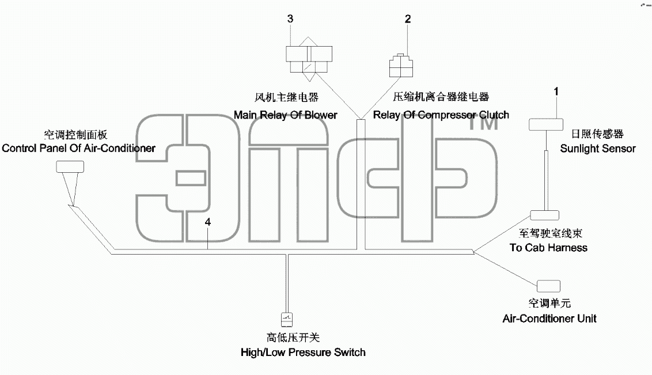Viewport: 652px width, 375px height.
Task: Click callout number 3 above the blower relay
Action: pyautogui.click(x=290, y=18)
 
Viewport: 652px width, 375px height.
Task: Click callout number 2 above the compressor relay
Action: pyautogui.click(x=408, y=18)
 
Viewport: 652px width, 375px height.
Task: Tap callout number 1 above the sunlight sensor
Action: pyautogui.click(x=556, y=92)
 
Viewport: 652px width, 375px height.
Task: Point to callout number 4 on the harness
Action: pyautogui.click(x=208, y=222)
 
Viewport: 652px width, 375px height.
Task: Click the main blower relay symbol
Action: pyautogui.click(x=309, y=59)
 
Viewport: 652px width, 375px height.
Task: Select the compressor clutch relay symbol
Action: pyautogui.click(x=401, y=66)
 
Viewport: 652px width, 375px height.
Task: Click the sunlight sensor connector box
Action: pyautogui.click(x=546, y=125)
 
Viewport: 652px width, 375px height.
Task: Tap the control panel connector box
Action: pyautogui.click(x=70, y=166)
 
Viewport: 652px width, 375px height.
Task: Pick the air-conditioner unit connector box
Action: pyautogui.click(x=548, y=286)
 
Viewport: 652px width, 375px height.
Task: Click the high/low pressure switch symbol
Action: pyautogui.click(x=287, y=319)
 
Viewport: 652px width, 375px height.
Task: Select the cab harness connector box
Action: pyautogui.click(x=544, y=215)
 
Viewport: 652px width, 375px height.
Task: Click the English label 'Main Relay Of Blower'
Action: pyautogui.click(x=285, y=115)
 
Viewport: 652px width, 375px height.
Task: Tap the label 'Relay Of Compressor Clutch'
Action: pyautogui.click(x=441, y=115)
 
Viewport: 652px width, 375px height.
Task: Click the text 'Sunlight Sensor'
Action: pyautogui.click(x=597, y=149)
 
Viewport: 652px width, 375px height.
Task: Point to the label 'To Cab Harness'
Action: pyautogui.click(x=548, y=248)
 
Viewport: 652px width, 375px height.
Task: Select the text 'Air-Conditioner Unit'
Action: pyautogui.click(x=549, y=319)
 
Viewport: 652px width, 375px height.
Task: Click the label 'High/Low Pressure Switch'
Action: pyautogui.click(x=303, y=353)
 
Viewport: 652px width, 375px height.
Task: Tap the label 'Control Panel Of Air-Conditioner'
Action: pyautogui.click(x=78, y=149)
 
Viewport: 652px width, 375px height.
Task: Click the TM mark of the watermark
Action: pyautogui.click(x=484, y=123)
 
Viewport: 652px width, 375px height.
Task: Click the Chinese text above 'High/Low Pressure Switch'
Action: pyautogui.click(x=293, y=338)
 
